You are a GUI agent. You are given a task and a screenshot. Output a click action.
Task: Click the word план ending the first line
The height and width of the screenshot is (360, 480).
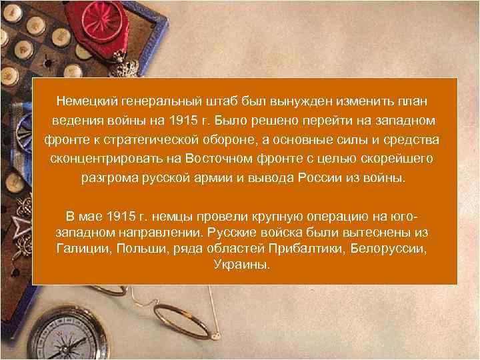pos(411,101)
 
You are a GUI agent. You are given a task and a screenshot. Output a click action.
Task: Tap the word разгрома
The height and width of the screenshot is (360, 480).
pos(109,179)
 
